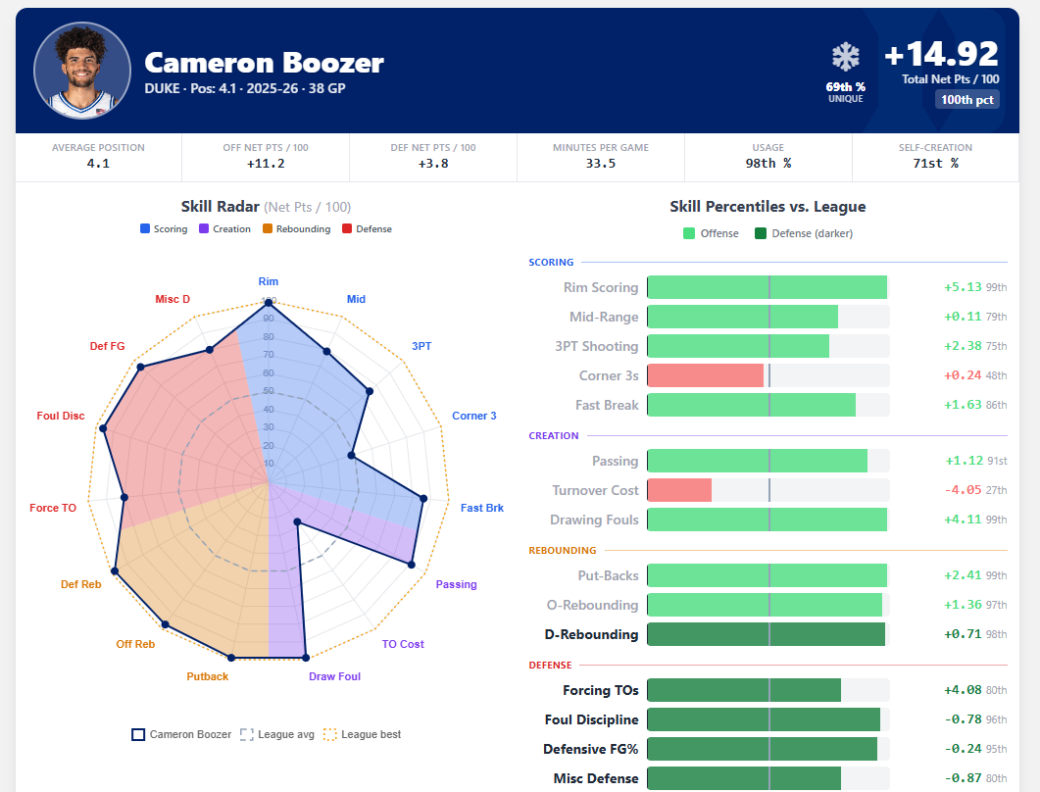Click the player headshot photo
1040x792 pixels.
pyautogui.click(x=82, y=71)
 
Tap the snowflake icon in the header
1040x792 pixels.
pyautogui.click(x=846, y=57)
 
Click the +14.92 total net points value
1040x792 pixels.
pyautogui.click(x=941, y=54)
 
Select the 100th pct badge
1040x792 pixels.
pyautogui.click(x=967, y=100)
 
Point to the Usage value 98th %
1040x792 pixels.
pyautogui.click(x=768, y=163)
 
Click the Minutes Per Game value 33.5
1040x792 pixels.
pyautogui.click(x=600, y=163)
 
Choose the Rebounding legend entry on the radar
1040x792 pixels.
pyautogui.click(x=296, y=228)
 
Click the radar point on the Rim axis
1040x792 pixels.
pyautogui.click(x=268, y=303)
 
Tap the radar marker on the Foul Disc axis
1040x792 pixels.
pyautogui.click(x=103, y=428)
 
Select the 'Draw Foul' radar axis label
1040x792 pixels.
pyautogui.click(x=334, y=676)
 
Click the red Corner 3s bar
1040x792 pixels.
pyautogui.click(x=705, y=375)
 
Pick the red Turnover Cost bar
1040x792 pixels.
pyautogui.click(x=679, y=490)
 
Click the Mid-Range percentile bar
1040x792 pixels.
pyautogui.click(x=742, y=317)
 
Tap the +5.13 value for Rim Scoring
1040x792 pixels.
pyautogui.click(x=963, y=287)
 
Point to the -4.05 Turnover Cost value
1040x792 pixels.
pyautogui.click(x=963, y=490)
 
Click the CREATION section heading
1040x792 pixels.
pyautogui.click(x=553, y=436)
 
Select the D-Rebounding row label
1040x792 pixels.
pyautogui.click(x=591, y=634)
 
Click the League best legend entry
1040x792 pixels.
pyautogui.click(x=362, y=734)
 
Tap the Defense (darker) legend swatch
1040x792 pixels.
pyautogui.click(x=760, y=233)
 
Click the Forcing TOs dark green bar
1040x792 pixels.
pyautogui.click(x=744, y=690)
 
